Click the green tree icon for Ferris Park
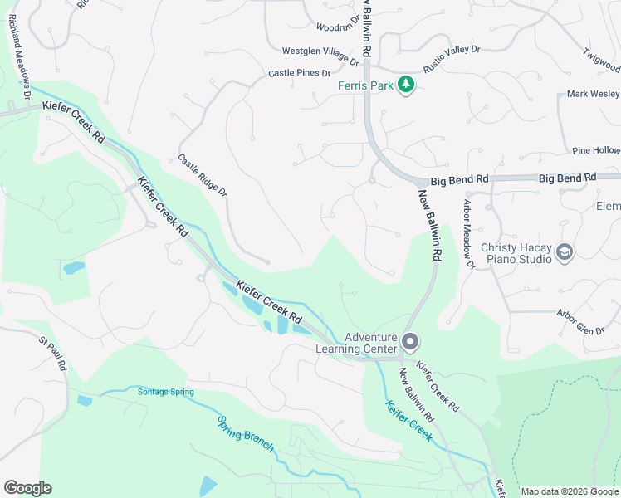405,85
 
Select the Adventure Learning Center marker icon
409,342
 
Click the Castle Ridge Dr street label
203,174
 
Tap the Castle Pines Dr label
303,74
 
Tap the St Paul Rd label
51,353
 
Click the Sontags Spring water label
166,392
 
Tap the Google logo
27,487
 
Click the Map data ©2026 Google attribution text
569,491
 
